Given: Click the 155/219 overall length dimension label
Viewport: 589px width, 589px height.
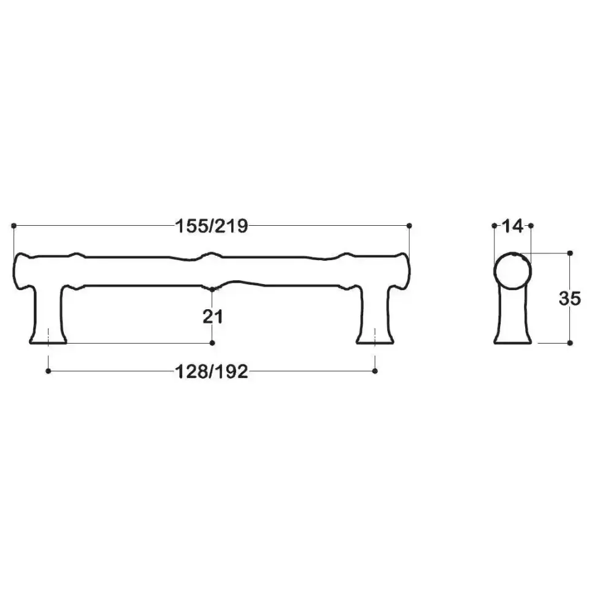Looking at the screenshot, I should [x=212, y=226].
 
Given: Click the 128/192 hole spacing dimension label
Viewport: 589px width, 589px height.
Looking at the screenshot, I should [x=212, y=371].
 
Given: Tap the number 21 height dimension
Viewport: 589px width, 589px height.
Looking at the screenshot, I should [x=212, y=317].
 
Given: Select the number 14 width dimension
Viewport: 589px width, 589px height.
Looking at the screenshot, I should [x=512, y=226].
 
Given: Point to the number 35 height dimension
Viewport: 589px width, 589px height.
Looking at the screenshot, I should [x=570, y=298].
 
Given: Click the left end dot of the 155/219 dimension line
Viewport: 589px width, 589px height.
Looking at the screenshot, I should [x=13, y=226].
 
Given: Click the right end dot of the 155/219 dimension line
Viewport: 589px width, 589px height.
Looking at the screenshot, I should [x=409, y=226].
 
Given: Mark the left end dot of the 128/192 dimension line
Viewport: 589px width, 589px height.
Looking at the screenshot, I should [x=48, y=371].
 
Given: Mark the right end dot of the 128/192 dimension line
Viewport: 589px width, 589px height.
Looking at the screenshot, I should [x=375, y=371].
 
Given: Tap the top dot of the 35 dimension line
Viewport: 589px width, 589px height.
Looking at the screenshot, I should [x=570, y=253].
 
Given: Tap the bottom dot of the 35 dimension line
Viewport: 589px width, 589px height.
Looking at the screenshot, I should [x=570, y=342].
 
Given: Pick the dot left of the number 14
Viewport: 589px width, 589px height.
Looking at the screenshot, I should [x=495, y=226].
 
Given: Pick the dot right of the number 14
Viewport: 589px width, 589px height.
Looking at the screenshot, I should [x=531, y=226].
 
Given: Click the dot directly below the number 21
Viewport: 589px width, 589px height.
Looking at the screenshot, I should [x=212, y=342].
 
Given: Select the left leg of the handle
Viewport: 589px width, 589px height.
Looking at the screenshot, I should [x=48, y=316].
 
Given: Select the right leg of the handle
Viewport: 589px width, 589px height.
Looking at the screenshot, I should [x=375, y=316].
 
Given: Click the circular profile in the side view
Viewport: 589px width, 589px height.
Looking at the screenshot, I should [x=512, y=271].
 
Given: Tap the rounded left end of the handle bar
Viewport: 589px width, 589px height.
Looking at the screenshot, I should [x=21, y=271].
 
